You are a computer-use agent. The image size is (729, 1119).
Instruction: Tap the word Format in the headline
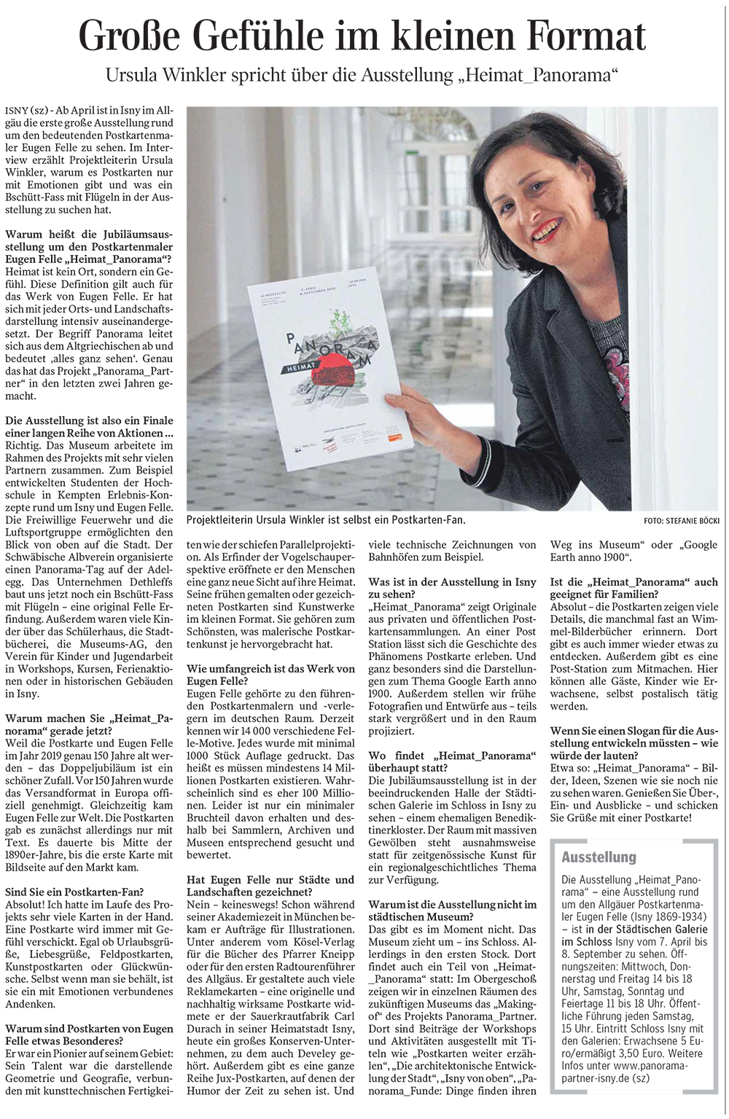(x=572, y=36)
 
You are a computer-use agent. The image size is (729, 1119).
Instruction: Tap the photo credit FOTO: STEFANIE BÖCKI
(x=681, y=520)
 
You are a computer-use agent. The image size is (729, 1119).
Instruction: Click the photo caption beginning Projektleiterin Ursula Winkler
(x=325, y=519)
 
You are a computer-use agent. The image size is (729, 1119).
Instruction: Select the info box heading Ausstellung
(x=599, y=857)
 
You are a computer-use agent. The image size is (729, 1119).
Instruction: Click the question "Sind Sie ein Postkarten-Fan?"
(x=74, y=892)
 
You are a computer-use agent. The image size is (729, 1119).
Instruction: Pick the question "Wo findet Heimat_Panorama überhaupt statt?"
(x=452, y=762)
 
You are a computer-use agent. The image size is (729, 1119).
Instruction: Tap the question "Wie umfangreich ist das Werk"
(x=270, y=675)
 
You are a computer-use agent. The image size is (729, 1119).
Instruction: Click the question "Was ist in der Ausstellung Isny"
(x=452, y=588)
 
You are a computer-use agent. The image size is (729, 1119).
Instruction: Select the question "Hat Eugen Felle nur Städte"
(x=270, y=886)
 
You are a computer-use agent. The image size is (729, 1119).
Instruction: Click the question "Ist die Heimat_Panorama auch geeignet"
(x=634, y=588)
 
